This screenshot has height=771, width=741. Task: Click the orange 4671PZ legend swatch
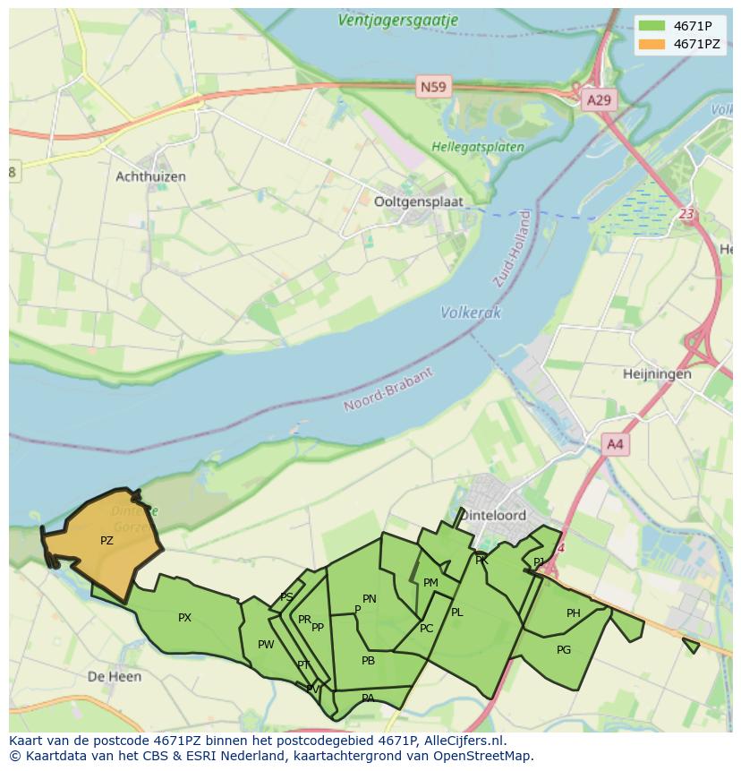pos(652,43)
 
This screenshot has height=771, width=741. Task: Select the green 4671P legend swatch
pos(652,25)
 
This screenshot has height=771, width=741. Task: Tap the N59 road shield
pos(434,87)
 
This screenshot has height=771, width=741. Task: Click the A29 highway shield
pos(598,99)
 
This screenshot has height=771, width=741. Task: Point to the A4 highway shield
pos(615,443)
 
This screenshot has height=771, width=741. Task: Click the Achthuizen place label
pos(150,176)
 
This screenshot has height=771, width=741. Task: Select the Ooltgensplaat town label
pos(419,201)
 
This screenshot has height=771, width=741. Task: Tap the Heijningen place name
pos(658,373)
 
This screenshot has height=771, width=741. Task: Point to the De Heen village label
pos(115,676)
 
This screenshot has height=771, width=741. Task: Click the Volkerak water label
pos(471,313)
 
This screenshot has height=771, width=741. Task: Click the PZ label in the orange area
pos(106,541)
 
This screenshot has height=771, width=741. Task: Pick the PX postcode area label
pos(184,618)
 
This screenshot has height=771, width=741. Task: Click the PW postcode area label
pos(266,645)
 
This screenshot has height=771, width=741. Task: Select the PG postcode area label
pos(564,650)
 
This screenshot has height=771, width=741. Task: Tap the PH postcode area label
pos(574,613)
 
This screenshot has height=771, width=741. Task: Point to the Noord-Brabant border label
pos(388,390)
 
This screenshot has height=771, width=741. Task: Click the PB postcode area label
pos(368,661)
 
